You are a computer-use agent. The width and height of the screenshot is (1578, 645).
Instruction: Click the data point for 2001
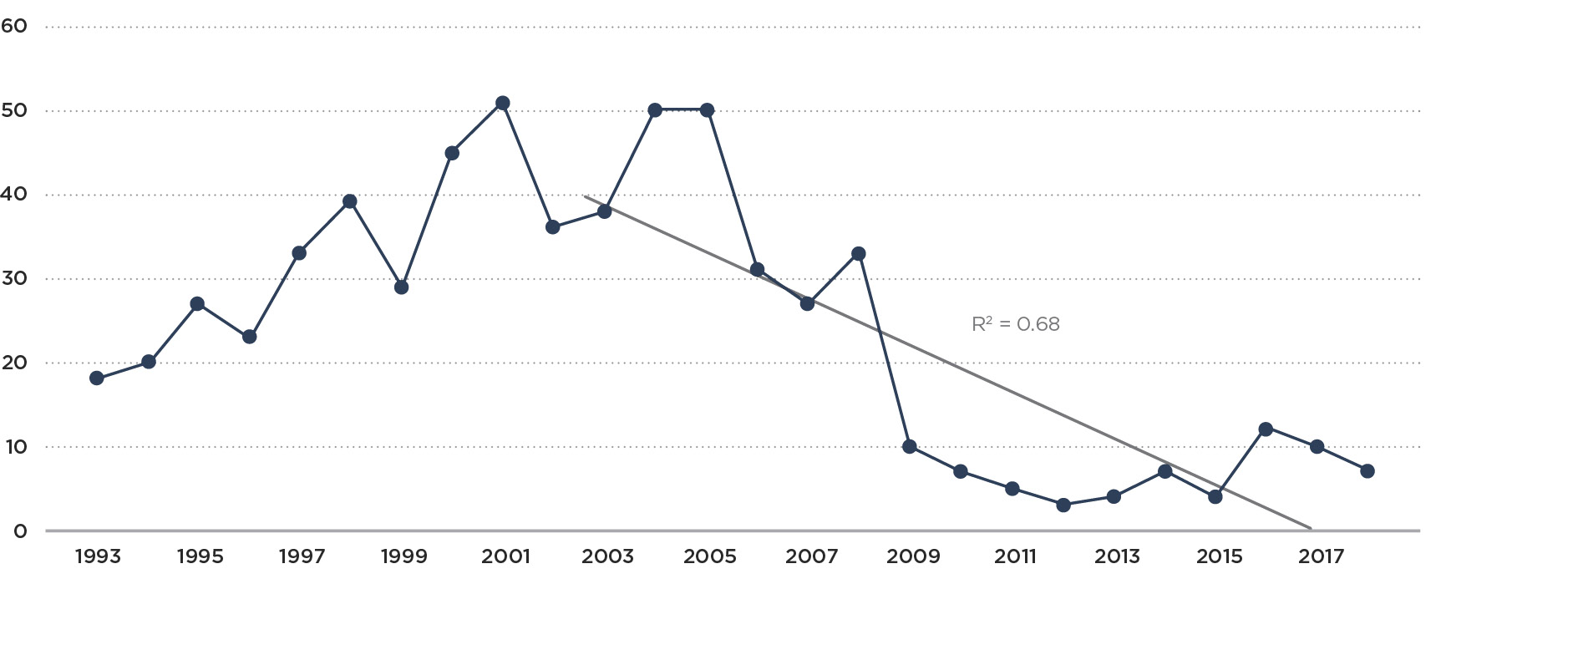click(502, 103)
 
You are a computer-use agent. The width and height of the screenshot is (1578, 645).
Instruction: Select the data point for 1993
click(97, 378)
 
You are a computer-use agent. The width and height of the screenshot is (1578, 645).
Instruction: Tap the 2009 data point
click(910, 446)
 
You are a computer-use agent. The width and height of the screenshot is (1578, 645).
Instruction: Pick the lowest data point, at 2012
click(1063, 505)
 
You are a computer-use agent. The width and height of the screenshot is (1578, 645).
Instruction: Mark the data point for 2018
click(1367, 471)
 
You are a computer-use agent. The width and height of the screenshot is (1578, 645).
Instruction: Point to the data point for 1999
click(401, 287)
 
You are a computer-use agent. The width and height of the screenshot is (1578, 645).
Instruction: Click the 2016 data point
click(1266, 429)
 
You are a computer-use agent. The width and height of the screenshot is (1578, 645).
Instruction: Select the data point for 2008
click(858, 253)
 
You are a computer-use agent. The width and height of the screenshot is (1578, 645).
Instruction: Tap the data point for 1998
click(350, 201)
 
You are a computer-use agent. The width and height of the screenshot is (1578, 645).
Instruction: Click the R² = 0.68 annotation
click(1015, 324)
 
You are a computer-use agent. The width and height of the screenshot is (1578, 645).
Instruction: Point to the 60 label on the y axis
click(14, 26)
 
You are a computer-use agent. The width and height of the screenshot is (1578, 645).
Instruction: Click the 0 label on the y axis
click(20, 531)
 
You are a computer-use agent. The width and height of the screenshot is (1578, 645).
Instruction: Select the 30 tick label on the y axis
click(14, 278)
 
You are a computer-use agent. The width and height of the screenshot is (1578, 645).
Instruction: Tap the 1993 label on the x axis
click(98, 556)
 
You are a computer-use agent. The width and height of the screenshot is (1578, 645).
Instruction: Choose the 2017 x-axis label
click(1321, 556)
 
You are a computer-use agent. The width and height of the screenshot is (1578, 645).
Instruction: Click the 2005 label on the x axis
click(709, 556)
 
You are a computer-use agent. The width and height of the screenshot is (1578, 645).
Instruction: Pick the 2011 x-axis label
click(1015, 556)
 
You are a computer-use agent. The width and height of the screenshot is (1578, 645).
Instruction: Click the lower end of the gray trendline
click(1309, 528)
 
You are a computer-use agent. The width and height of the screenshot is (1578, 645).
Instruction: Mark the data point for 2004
click(655, 110)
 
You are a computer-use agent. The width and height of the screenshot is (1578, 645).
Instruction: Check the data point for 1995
click(197, 303)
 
